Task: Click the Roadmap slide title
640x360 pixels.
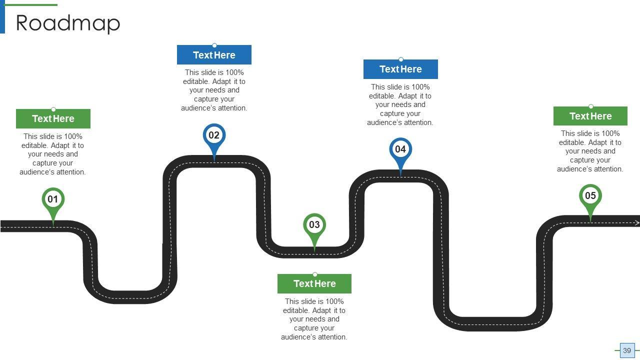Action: [68, 23]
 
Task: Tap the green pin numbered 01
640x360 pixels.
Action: [53, 200]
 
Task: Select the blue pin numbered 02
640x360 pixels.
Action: [214, 135]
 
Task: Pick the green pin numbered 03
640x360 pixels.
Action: [314, 225]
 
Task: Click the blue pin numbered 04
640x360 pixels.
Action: [400, 149]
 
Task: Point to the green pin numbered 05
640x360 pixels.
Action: [590, 196]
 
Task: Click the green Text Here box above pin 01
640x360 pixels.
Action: [53, 119]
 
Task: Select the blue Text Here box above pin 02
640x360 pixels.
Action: [214, 55]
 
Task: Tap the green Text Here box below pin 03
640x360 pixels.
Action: [314, 283]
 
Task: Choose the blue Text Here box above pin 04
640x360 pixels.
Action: [400, 69]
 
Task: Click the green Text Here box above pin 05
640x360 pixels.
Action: [590, 116]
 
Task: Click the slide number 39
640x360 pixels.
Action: [627, 350]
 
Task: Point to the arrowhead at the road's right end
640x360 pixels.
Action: [637, 223]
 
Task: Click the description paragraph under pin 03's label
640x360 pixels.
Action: [314, 319]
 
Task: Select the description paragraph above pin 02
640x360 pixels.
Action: [214, 90]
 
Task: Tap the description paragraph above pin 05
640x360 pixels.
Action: [590, 151]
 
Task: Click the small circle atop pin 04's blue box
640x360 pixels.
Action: [400, 60]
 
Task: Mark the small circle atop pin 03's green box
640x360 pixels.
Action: [314, 274]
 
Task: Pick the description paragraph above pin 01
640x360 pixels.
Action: [53, 154]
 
